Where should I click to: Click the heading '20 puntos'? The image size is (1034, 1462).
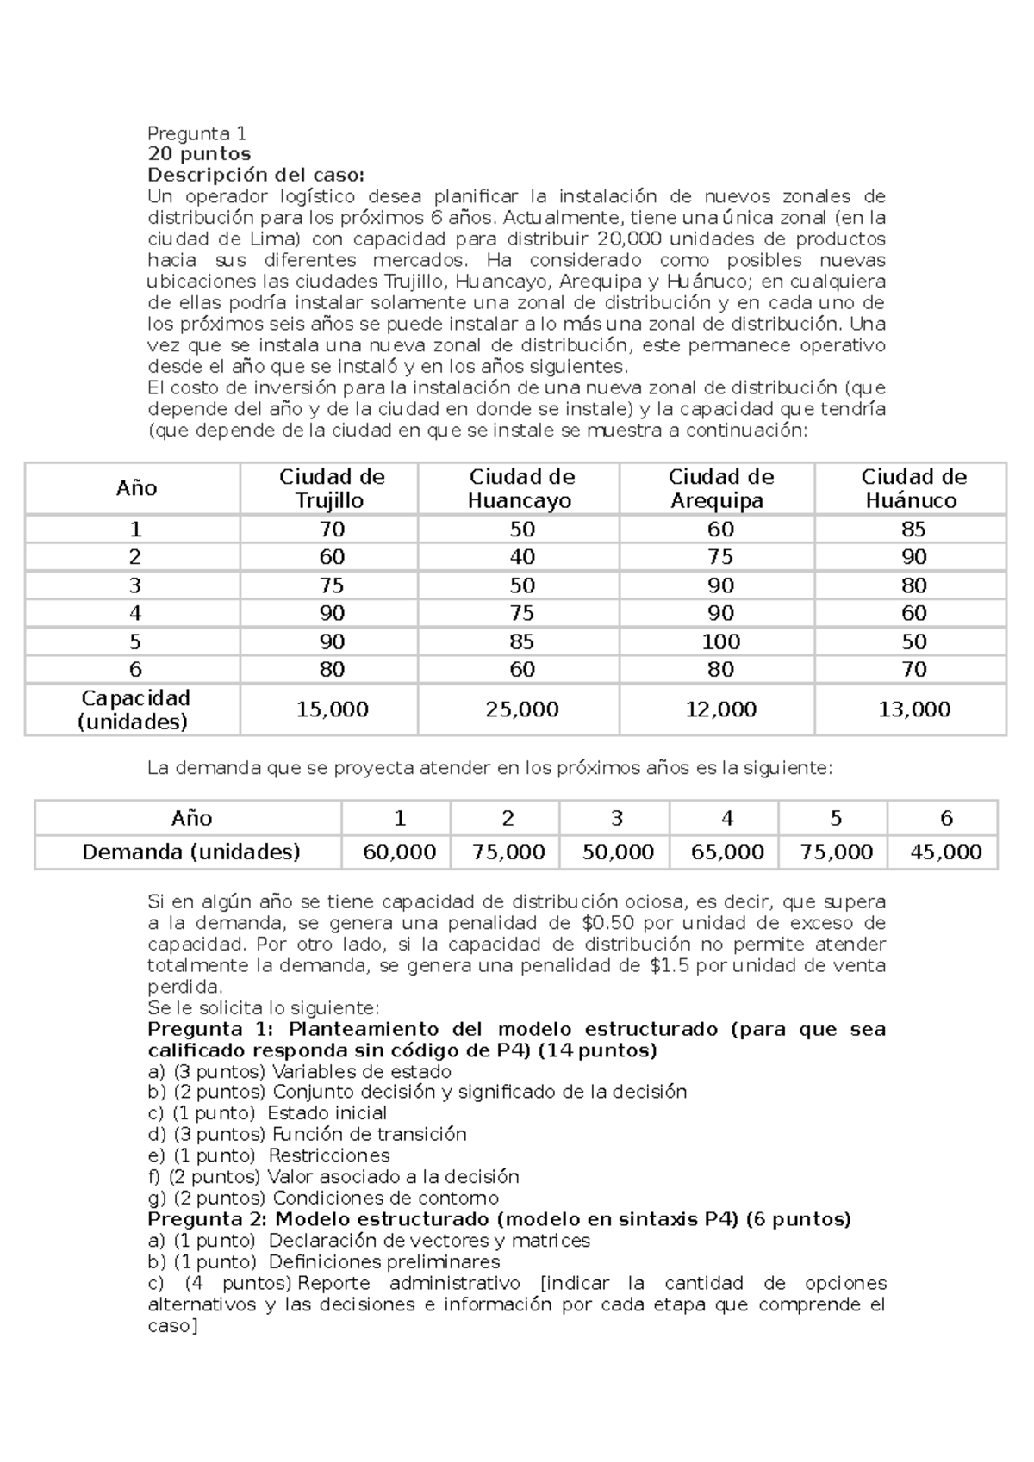[x=199, y=154]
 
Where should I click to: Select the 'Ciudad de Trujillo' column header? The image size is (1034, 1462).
[x=332, y=488]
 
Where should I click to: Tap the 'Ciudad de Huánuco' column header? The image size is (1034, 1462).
[x=913, y=488]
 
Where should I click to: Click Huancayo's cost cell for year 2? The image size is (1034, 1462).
[x=521, y=557]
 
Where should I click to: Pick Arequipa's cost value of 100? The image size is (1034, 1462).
[x=720, y=641]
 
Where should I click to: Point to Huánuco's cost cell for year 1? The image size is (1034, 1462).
[x=913, y=530]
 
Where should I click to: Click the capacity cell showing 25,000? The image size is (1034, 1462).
[x=521, y=709]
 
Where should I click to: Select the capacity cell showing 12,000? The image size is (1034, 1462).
[x=720, y=709]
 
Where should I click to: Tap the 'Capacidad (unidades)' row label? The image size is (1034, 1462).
[x=134, y=709]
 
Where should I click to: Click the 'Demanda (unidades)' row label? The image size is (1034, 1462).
[x=190, y=852]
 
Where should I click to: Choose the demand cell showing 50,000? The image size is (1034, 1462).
[x=617, y=852]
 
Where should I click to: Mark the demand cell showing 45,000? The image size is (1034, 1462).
[x=945, y=852]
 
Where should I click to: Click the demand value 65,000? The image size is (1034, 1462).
[x=727, y=852]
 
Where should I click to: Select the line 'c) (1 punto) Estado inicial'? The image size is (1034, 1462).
[x=267, y=1113]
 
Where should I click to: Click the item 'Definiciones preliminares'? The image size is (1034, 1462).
[x=383, y=1262]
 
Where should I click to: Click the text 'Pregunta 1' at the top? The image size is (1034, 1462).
[x=196, y=133]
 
